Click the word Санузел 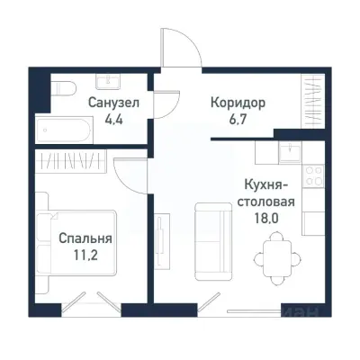tap(113, 103)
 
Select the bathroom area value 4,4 tap(113, 118)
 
